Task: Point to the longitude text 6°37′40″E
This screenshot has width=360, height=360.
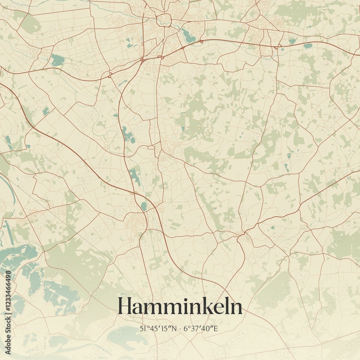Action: [201, 328]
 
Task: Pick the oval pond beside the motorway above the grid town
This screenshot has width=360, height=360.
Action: [144, 206]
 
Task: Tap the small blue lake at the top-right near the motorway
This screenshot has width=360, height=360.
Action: [307, 46]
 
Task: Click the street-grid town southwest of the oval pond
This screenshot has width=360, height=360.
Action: [135, 221]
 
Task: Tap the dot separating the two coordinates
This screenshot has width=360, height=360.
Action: [180, 328]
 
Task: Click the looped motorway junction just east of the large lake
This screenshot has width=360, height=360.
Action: [201, 42]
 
